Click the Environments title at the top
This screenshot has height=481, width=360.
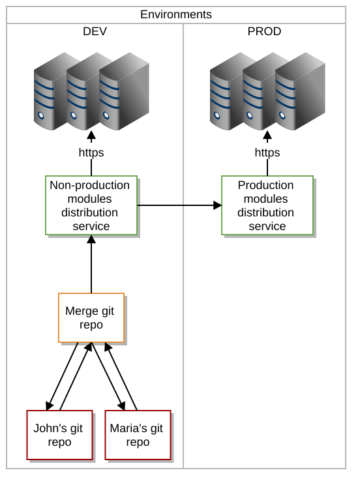[x=176, y=14]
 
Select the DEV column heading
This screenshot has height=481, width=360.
[x=95, y=31]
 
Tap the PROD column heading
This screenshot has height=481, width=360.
[x=264, y=31]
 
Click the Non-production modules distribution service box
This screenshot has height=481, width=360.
[x=91, y=205]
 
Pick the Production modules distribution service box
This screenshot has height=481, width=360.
[x=267, y=205]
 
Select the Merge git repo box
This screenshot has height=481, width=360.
[x=91, y=317]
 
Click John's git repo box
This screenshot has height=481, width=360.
[x=59, y=435]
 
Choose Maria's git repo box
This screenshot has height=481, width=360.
[x=138, y=435]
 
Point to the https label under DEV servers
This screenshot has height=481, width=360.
[x=91, y=153]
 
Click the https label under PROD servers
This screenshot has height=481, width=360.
[x=267, y=153]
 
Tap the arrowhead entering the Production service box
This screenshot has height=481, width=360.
[x=218, y=205]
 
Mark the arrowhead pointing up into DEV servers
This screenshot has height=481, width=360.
[x=91, y=135]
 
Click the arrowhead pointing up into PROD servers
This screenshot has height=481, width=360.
[x=267, y=135]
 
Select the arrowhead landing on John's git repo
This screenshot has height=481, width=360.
[x=50, y=405]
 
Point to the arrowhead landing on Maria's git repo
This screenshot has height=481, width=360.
[x=121, y=405]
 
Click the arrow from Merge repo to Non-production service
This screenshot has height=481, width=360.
[x=91, y=264]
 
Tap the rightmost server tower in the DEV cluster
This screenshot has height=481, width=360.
[x=124, y=91]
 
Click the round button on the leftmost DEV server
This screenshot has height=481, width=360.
[x=41, y=115]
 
